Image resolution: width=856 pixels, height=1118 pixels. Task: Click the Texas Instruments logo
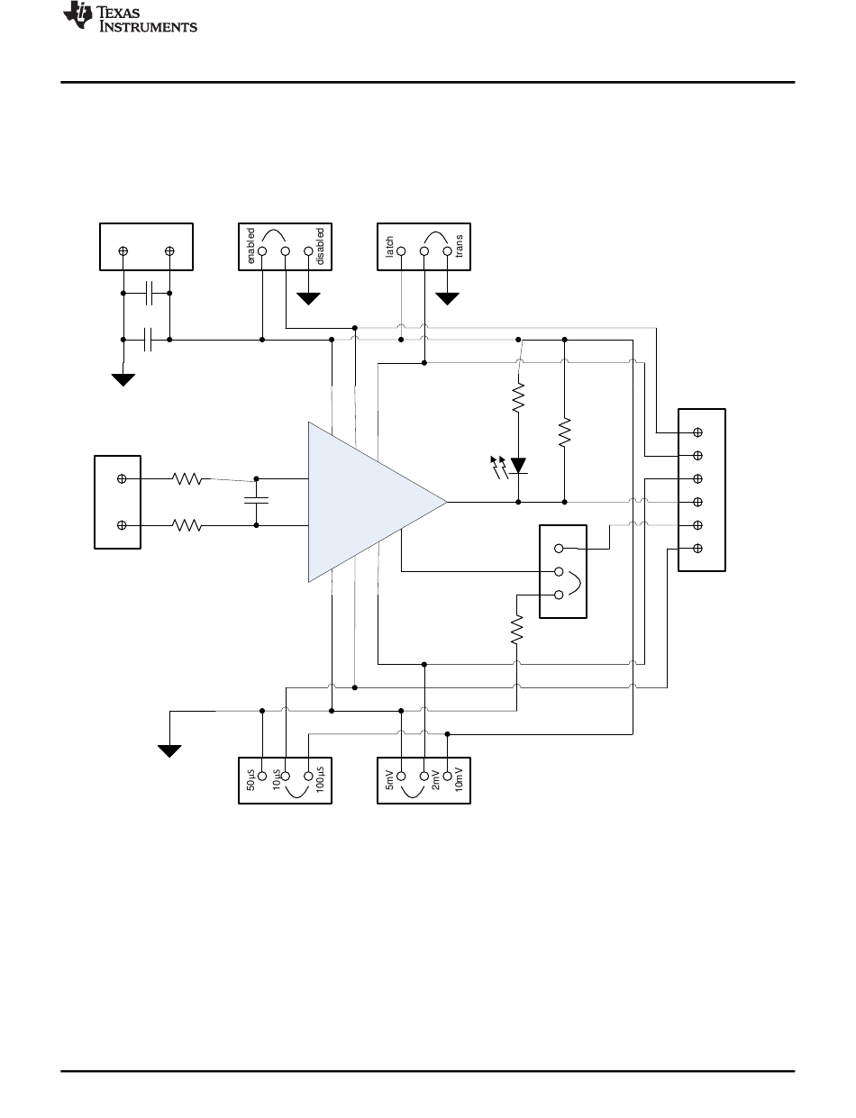(x=130, y=17)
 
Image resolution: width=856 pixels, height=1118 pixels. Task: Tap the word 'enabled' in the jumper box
(x=250, y=246)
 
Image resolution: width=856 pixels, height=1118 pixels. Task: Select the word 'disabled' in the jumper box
(x=320, y=247)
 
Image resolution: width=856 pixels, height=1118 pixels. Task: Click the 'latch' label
(x=389, y=247)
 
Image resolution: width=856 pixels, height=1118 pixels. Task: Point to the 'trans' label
(x=459, y=246)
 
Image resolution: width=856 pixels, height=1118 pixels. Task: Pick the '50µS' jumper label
(x=250, y=780)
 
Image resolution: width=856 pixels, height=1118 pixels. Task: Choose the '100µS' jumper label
(x=320, y=779)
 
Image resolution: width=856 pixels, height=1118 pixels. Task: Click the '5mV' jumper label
(x=389, y=780)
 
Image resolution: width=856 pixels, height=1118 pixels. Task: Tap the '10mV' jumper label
(x=459, y=779)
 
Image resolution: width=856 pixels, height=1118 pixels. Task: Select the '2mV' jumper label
(x=435, y=780)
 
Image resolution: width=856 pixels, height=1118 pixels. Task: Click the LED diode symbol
(x=518, y=466)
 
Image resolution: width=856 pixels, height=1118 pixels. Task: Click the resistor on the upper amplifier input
(x=187, y=479)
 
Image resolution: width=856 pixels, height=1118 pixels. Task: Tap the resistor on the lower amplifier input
(x=187, y=525)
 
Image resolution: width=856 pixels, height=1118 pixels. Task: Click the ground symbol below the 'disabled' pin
(x=308, y=298)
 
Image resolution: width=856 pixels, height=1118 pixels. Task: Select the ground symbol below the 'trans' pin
(x=447, y=298)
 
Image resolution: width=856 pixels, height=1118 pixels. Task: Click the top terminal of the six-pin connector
(x=697, y=432)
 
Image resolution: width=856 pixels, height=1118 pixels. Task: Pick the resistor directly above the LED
(x=518, y=397)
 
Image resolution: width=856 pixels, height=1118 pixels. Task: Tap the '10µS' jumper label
(x=277, y=780)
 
